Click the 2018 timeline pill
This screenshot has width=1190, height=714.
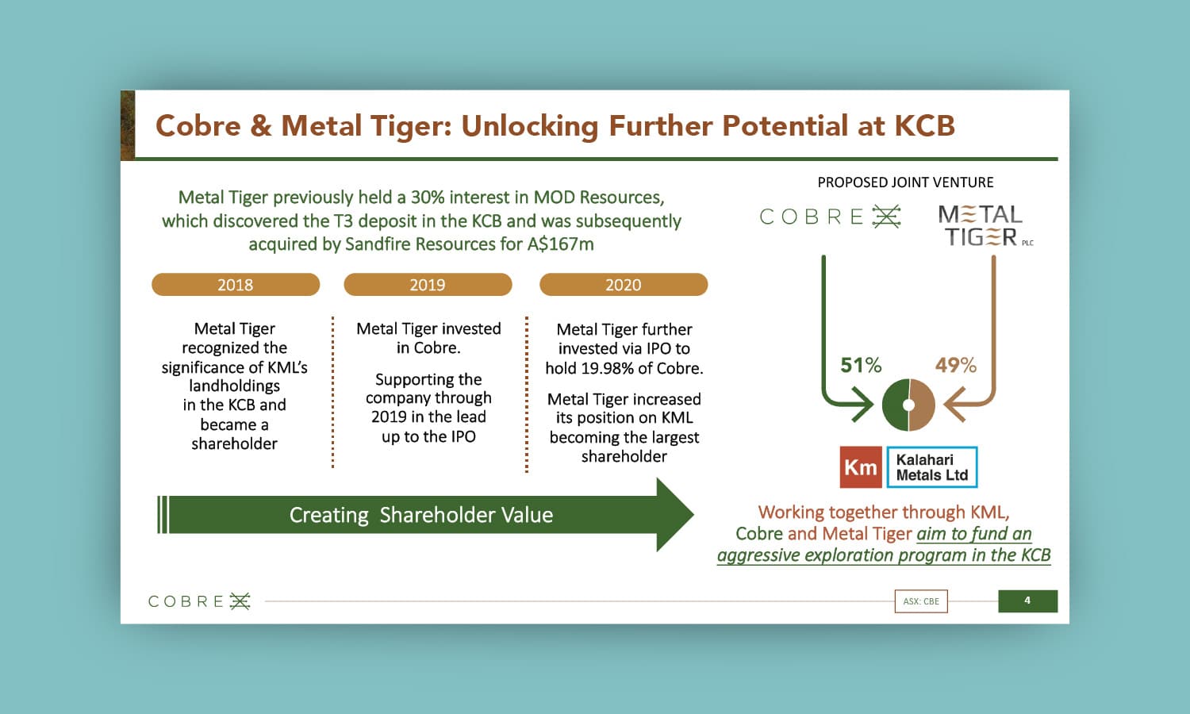click(236, 285)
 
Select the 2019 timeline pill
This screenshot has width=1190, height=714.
click(428, 285)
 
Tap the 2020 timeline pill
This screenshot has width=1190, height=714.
click(624, 285)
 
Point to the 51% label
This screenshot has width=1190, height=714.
click(861, 366)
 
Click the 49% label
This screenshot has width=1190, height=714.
click(956, 366)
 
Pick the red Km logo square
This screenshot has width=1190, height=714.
click(861, 467)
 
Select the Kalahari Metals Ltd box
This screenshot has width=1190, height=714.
click(932, 467)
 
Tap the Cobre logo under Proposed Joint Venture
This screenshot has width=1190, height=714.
click(831, 217)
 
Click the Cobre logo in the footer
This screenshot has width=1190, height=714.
click(199, 601)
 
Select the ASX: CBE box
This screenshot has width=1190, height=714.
click(921, 601)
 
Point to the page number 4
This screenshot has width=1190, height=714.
click(1027, 601)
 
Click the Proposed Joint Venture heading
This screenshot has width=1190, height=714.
click(905, 182)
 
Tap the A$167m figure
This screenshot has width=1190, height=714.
click(560, 244)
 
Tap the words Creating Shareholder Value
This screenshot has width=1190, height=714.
click(421, 516)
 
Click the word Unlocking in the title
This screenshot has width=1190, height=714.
click(530, 126)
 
